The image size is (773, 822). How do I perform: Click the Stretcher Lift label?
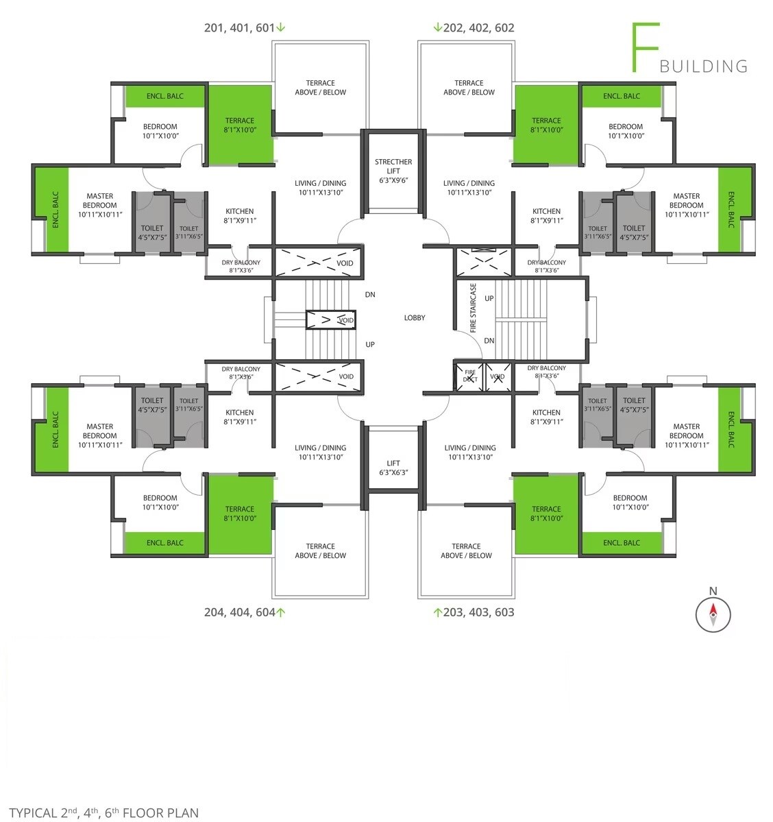pos(393,166)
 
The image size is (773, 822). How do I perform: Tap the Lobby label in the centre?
pos(415,317)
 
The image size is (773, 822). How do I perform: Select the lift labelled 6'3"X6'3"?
pos(393,458)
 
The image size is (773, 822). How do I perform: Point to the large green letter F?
pos(645,47)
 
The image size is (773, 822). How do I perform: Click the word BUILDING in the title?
pos(703,67)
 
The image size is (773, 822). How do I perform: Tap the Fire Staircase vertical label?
pos(474,308)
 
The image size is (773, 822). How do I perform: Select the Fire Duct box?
pos(469,376)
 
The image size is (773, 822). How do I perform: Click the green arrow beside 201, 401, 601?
pos(281,27)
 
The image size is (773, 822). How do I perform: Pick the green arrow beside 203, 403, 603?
pos(438,612)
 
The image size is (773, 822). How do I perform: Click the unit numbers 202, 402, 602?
pos(478,28)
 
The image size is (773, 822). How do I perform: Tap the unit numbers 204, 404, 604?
pos(239,612)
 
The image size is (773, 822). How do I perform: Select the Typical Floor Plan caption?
pos(103,812)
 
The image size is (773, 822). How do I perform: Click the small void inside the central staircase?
pos(331,319)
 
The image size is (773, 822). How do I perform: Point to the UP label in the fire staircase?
pos(489,298)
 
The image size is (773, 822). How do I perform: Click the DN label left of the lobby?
pos(370,295)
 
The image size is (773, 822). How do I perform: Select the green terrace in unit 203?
pos(547,513)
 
